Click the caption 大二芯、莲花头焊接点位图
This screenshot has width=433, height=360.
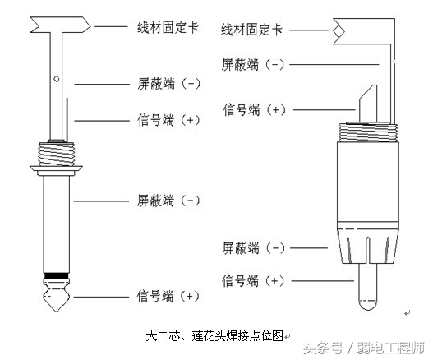pyautogui.click(x=214, y=335)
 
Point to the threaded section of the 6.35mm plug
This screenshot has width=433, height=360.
pyautogui.click(x=56, y=152)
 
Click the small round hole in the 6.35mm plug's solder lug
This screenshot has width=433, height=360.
pyautogui.click(x=56, y=80)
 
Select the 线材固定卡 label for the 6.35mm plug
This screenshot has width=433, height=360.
pyautogui.click(x=168, y=27)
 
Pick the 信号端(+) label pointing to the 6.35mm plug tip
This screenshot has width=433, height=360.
pyautogui.click(x=168, y=296)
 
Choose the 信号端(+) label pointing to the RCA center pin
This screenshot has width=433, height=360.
pyautogui.click(x=252, y=281)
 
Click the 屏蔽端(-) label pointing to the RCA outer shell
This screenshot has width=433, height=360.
pyautogui.click(x=253, y=247)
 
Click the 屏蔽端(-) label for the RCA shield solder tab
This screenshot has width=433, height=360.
pyautogui.click(x=253, y=63)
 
